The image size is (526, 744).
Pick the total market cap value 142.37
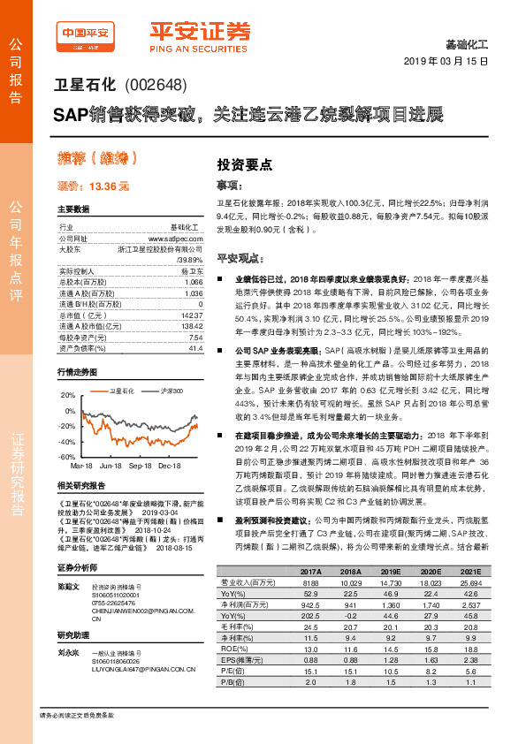click(x=190, y=315)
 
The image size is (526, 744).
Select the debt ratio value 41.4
click(x=196, y=349)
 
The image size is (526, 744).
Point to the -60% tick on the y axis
click(x=68, y=457)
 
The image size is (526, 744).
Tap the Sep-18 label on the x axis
click(x=141, y=465)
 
